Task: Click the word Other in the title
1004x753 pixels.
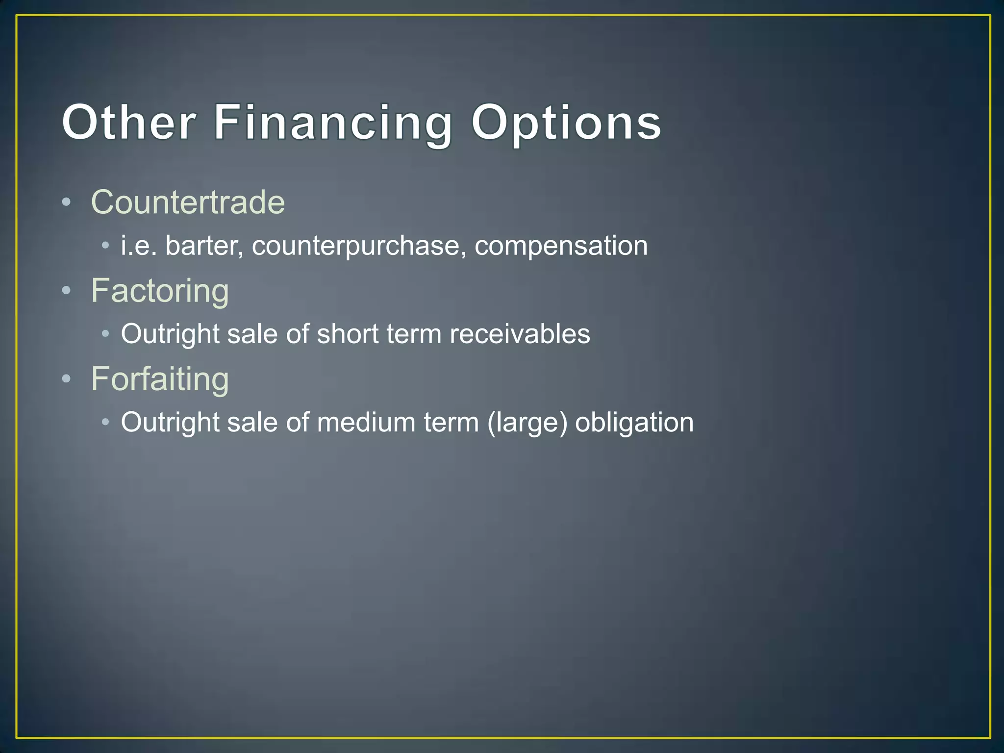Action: [x=128, y=123]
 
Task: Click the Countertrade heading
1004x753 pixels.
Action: [x=188, y=202]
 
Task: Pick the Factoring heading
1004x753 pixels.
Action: [x=160, y=291]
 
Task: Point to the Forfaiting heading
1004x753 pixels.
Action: [x=160, y=379]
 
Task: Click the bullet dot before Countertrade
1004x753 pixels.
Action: [x=67, y=202]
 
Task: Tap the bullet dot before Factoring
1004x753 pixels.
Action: [x=67, y=291]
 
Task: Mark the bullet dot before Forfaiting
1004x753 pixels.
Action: [x=67, y=379]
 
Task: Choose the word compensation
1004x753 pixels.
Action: [x=561, y=246]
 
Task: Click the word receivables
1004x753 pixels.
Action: [x=520, y=334]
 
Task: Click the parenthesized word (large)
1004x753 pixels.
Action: [x=527, y=422]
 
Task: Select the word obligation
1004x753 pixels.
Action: [x=634, y=422]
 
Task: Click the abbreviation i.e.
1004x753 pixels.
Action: [x=139, y=246]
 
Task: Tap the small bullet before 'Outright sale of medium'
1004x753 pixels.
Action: [x=105, y=422]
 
